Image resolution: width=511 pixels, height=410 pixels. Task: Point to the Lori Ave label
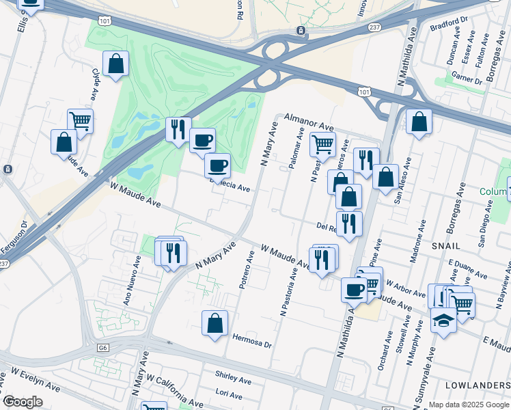click(x=228, y=395)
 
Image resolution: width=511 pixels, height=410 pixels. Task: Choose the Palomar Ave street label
click(x=296, y=150)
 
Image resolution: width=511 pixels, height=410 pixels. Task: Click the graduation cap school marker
click(x=443, y=320)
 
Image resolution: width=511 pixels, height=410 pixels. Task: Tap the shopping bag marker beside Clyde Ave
click(x=116, y=64)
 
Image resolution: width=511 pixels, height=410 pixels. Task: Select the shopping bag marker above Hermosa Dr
click(x=215, y=323)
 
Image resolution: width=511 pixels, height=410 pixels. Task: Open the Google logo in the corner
click(x=23, y=402)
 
